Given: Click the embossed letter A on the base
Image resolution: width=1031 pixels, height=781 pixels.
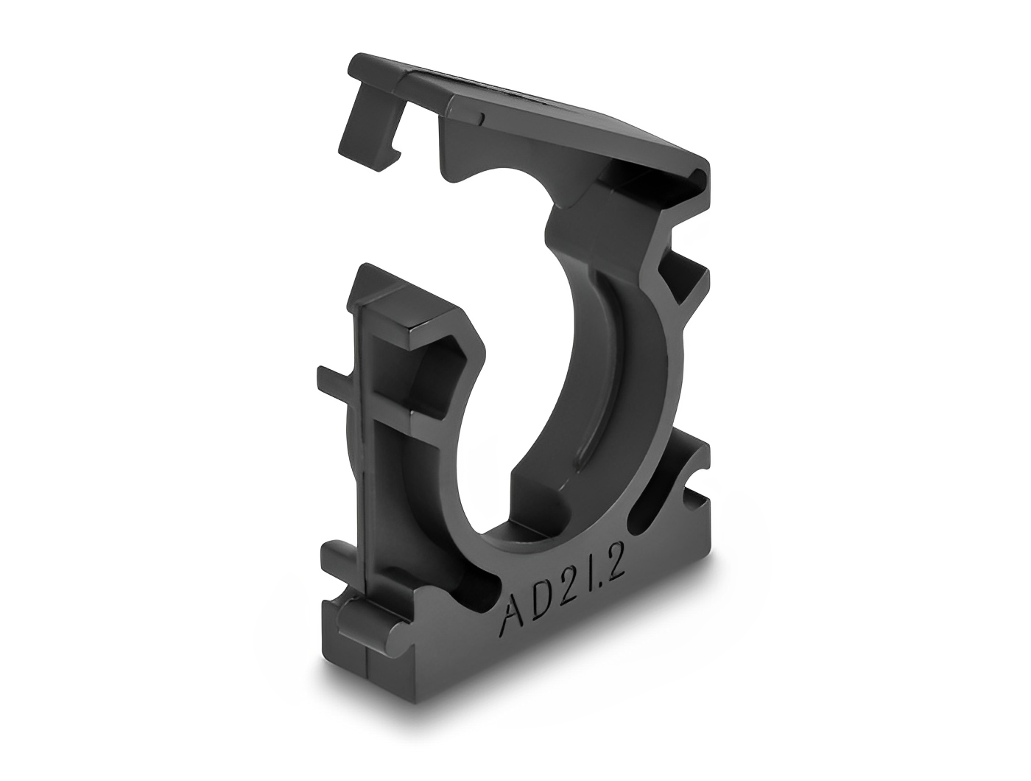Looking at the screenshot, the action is (512, 614).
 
